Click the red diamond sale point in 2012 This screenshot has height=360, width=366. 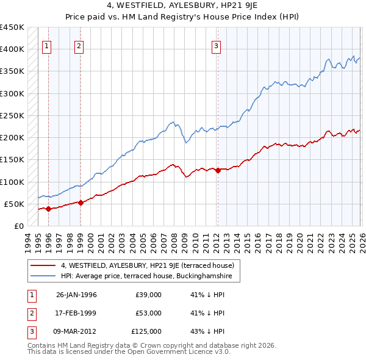217,170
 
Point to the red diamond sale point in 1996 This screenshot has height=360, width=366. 48,209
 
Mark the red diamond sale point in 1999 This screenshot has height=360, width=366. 81,203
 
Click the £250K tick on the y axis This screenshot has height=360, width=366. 12,115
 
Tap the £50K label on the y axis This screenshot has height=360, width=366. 15,204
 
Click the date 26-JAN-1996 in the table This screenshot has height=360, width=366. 76,295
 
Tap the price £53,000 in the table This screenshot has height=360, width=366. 148,313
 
